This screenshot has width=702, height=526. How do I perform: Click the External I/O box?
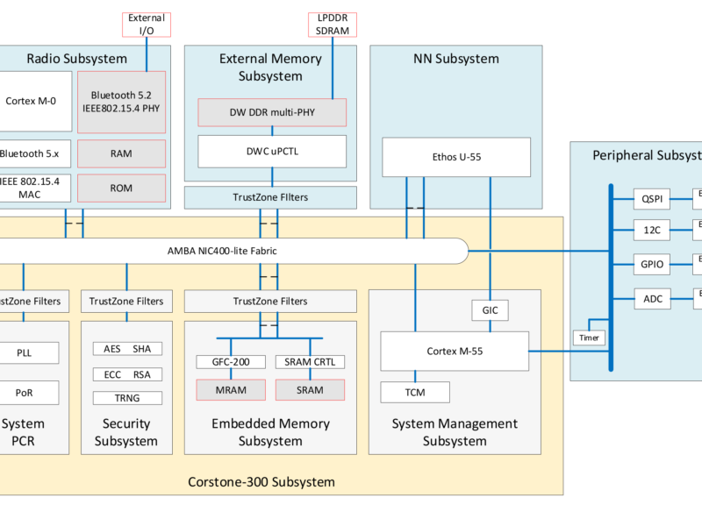coord(146,25)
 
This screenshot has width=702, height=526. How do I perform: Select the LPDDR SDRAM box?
coord(333,25)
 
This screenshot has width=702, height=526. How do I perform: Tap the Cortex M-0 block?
coord(31,101)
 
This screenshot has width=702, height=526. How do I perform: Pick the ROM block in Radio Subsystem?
coord(121,188)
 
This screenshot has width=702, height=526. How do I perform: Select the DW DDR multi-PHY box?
coord(272,111)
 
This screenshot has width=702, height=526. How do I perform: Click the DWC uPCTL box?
coord(272,151)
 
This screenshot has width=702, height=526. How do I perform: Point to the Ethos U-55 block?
coord(433,158)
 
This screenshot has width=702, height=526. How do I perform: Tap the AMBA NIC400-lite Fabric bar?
coord(228,251)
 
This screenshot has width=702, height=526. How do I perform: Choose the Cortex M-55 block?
coord(454,351)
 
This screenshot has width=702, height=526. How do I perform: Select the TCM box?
coord(415,392)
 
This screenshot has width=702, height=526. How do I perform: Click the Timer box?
coord(588,338)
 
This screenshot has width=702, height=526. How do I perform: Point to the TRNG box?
coord(126,398)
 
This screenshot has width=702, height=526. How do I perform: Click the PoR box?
coord(24,392)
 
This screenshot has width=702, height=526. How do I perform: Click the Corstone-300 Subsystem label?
coord(261,482)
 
